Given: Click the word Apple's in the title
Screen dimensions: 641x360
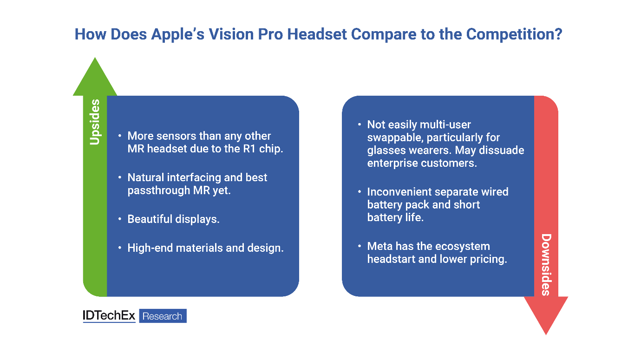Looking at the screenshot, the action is (178, 35).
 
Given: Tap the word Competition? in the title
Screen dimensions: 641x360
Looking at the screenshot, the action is (514, 35).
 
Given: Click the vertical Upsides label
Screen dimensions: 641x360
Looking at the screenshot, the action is (95, 122).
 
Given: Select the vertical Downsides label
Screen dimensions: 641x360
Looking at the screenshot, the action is (546, 265).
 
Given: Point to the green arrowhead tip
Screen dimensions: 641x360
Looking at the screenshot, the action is (95, 58).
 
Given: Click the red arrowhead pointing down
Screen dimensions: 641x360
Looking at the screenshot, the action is (546, 315).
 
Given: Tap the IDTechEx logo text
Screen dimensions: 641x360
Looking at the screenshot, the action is (109, 316).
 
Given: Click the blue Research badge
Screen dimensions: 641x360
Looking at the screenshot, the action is (163, 316).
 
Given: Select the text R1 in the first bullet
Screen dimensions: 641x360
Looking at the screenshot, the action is (249, 149).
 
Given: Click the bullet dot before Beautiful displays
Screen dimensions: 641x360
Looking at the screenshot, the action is (120, 219).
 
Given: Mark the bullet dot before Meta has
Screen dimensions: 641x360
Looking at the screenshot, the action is (360, 246).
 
